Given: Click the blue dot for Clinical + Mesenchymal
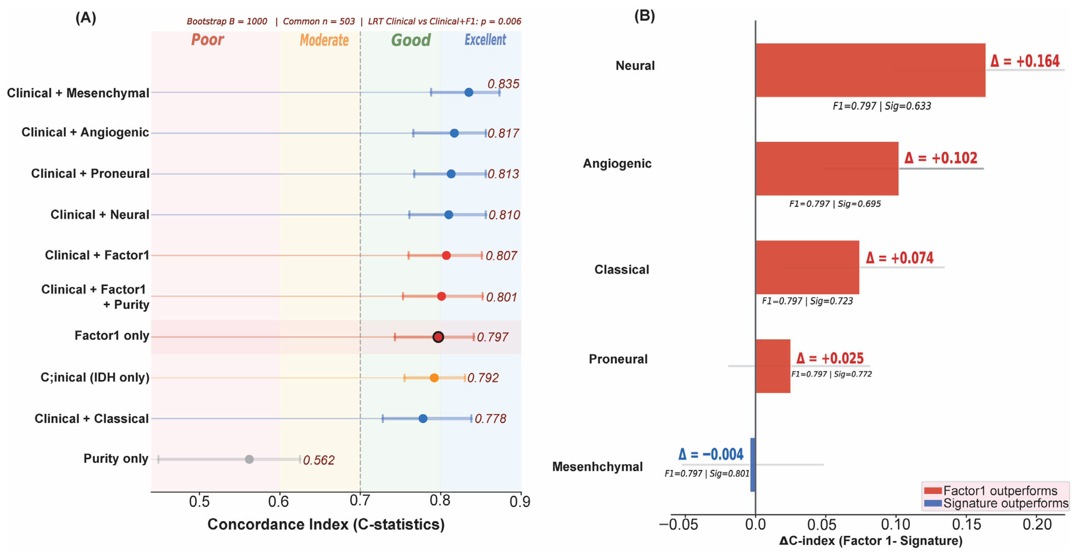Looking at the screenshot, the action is point(469,92).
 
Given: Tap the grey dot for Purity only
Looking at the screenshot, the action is point(249,459).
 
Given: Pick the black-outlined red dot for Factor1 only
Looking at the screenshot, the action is point(438,337).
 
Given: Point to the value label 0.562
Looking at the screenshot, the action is point(319,460).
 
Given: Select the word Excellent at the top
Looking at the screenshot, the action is point(485,40).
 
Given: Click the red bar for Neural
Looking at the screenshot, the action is point(870,70).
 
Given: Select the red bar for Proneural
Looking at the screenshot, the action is point(773,366).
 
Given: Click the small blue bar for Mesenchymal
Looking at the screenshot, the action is point(753,465).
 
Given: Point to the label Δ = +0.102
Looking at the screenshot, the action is point(941,158).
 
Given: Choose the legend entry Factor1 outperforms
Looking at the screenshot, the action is point(991,491).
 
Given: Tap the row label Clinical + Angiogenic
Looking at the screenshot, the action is point(85,132).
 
